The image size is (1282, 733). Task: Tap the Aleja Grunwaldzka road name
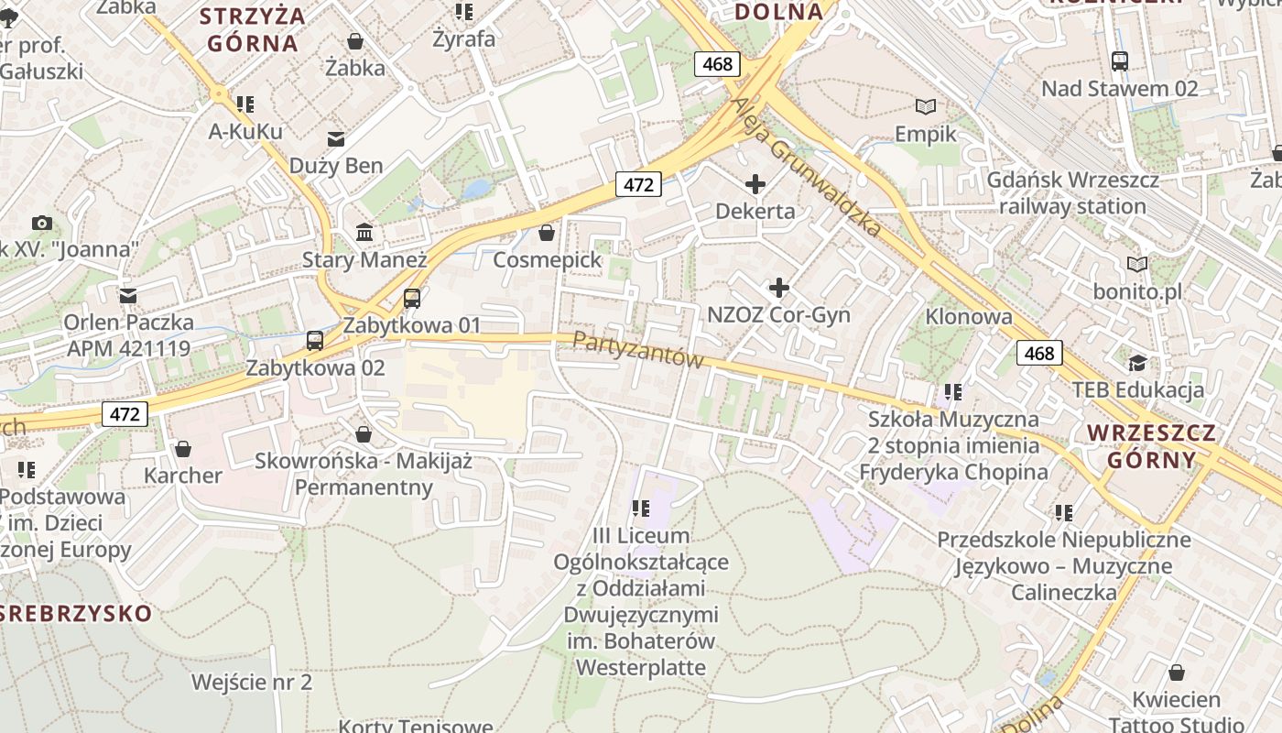pos(806,165)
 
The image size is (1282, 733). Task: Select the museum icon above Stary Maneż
pos(364,232)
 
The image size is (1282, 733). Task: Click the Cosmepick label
pos(548,260)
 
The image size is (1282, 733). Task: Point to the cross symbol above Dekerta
pos(755,185)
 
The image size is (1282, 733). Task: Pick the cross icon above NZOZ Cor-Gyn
pos(779,289)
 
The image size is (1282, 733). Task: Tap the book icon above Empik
pos(927,107)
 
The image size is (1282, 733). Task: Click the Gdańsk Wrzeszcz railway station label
pos(1072,193)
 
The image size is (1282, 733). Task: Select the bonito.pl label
pos(1137,292)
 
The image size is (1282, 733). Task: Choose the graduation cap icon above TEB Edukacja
pos(1137,363)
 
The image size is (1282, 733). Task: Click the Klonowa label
pos(969,317)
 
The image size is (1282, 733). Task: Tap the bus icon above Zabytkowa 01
pos(412,298)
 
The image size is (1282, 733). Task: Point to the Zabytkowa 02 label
pos(316,368)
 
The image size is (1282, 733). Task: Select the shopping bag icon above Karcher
pos(183,449)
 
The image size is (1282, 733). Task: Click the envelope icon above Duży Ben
pos(336,139)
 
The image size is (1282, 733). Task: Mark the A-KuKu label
pos(245,132)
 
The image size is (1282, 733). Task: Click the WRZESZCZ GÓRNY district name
pos(1151,446)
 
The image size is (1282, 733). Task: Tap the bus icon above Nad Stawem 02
pos(1119,61)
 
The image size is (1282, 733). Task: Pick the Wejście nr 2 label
pos(252,683)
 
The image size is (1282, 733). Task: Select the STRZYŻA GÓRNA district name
pos(253,29)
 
